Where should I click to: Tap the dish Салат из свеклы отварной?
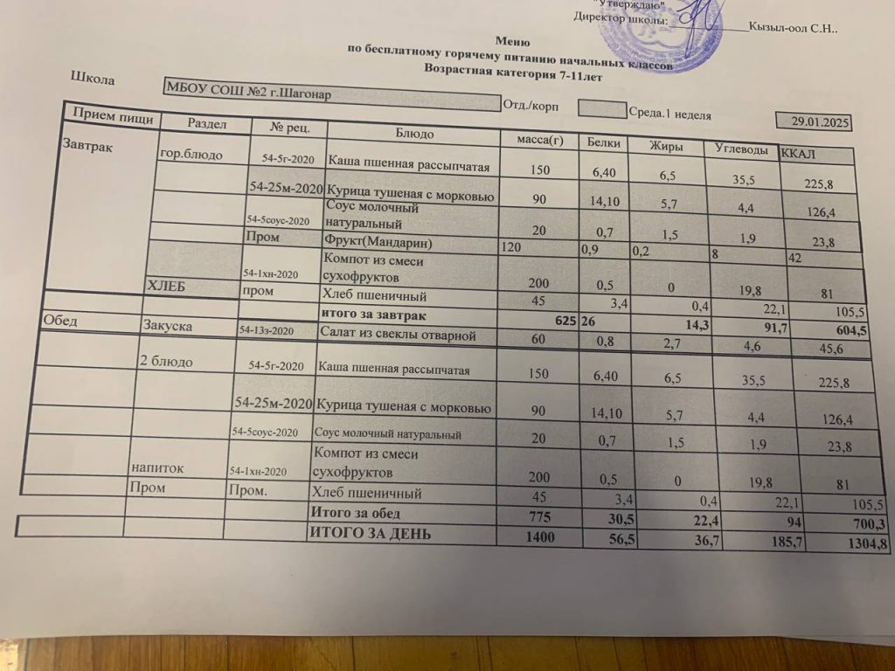point(398,334)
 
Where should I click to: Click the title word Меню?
point(512,40)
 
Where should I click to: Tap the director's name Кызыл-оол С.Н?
point(794,27)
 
